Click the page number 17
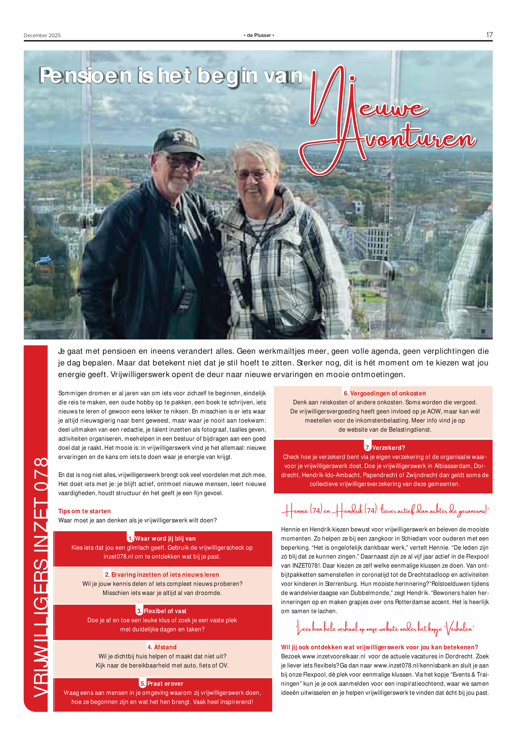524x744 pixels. coord(489,35)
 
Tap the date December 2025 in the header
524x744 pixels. coord(42,35)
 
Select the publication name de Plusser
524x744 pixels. coord(259,35)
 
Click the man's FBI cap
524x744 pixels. coord(178,141)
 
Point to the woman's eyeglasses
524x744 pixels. coord(252,173)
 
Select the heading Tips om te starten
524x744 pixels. coord(84,511)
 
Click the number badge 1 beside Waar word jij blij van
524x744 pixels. coord(131,539)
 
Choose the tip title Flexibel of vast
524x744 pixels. coord(165,611)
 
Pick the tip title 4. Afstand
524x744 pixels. coord(162,647)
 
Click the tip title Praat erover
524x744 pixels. coord(165,683)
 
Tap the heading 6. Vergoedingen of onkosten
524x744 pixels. coord(384,393)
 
